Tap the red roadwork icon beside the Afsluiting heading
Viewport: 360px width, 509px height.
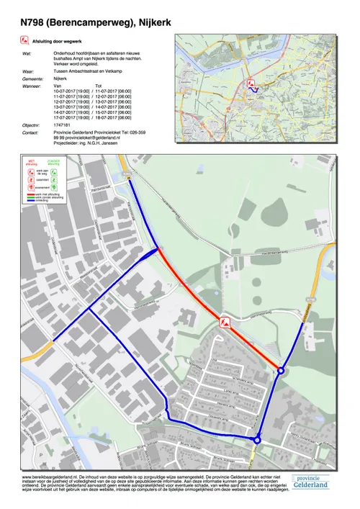click(x=26, y=42)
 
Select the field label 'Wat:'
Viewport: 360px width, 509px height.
click(x=27, y=53)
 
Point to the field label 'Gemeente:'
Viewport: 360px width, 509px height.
click(x=32, y=78)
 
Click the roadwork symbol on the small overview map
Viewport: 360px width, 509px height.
click(x=251, y=84)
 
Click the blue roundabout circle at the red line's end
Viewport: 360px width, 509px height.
click(x=281, y=371)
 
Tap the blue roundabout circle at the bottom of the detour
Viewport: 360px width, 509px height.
click(x=257, y=441)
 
